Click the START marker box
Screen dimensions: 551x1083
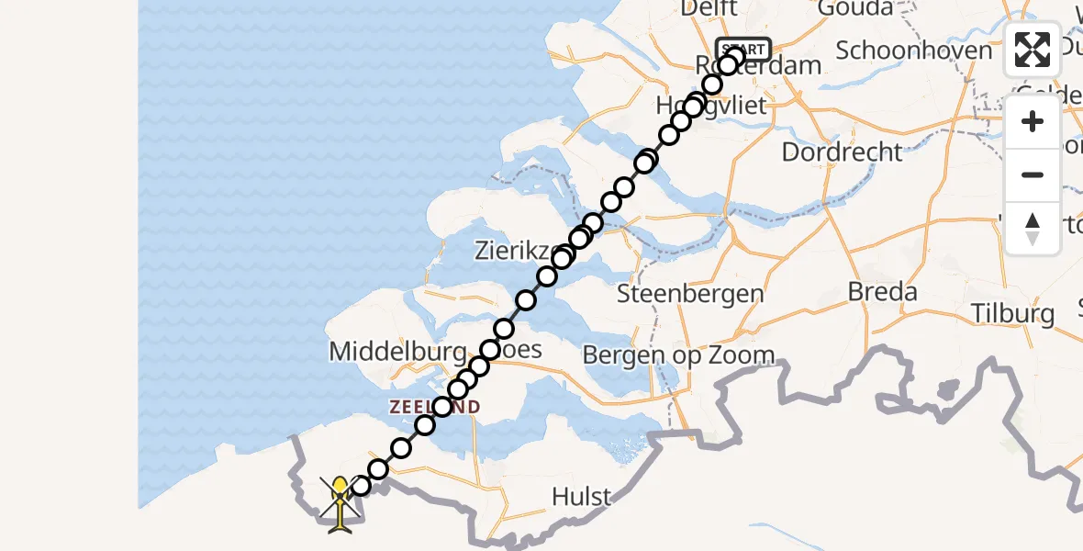(743, 49)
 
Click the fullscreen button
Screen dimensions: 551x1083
(1033, 50)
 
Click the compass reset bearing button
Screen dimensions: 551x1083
(1033, 229)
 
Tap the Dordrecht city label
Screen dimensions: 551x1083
(842, 152)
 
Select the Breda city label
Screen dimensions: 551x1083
(882, 292)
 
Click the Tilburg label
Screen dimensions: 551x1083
(1014, 313)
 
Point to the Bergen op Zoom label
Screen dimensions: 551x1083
(678, 354)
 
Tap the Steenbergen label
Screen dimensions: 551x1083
(690, 294)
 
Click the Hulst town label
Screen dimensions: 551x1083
(581, 497)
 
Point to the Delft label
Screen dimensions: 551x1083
(710, 9)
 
